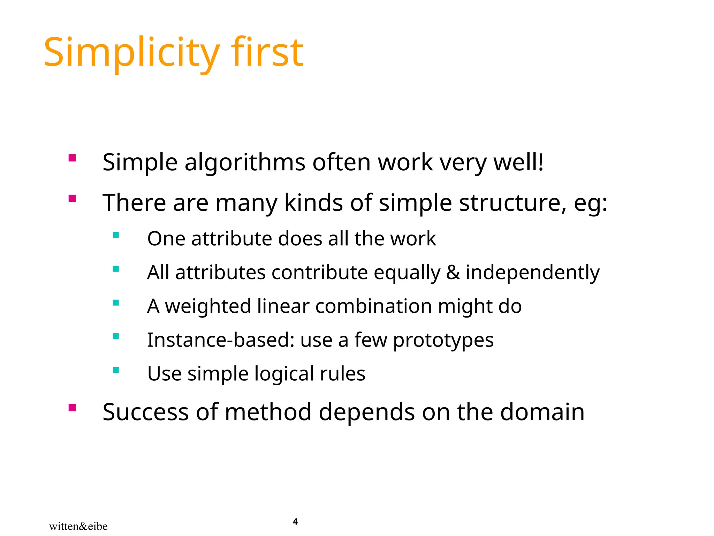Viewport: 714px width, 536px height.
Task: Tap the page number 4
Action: [x=295, y=522]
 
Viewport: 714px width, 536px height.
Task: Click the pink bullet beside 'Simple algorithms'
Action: [x=72, y=158]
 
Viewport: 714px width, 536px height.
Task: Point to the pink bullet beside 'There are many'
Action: [x=72, y=199]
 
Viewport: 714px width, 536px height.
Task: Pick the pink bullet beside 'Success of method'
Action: [x=72, y=408]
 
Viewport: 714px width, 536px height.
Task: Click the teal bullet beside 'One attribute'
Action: [x=116, y=235]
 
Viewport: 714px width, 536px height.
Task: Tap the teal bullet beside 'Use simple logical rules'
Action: [x=116, y=370]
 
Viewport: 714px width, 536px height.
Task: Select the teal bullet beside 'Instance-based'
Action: [x=116, y=336]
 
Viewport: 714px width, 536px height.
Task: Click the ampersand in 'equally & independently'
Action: [x=453, y=273]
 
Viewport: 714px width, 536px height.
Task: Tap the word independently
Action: [x=532, y=273]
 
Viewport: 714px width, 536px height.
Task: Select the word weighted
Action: [x=208, y=306]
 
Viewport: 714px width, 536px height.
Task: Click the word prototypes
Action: [x=443, y=340]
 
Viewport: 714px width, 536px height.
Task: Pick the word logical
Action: [x=284, y=374]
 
